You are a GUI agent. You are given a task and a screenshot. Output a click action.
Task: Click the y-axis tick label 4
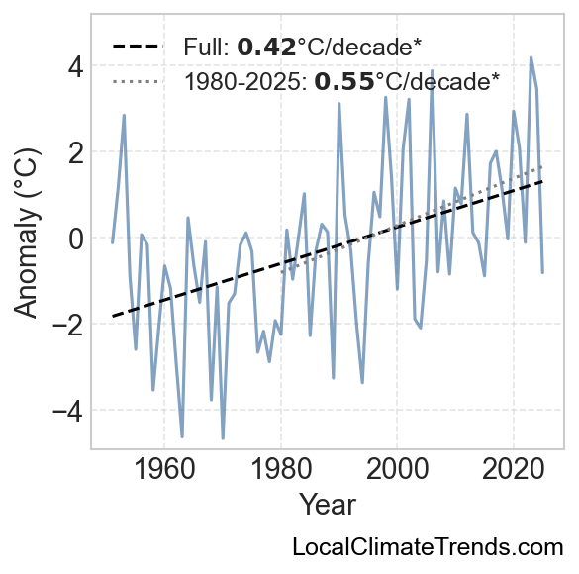point(75,67)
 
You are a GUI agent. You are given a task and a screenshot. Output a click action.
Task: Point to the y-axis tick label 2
point(75,153)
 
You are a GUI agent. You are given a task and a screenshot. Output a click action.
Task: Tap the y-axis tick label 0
point(75,239)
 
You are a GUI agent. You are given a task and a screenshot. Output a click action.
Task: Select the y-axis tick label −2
point(68,326)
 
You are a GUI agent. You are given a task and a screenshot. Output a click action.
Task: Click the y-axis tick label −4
point(68,412)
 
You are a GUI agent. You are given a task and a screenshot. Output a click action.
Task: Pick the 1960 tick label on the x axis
point(164,469)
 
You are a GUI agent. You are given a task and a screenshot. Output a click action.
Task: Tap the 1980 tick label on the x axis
point(281,469)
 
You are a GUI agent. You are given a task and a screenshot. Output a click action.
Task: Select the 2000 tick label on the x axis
point(397,469)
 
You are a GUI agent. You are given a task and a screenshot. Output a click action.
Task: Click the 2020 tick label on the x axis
point(514,469)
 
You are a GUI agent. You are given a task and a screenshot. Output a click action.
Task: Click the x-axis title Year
point(328,505)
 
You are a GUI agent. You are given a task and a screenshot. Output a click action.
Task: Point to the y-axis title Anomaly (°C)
point(26,233)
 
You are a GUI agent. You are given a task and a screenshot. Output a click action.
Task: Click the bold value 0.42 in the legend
point(266,48)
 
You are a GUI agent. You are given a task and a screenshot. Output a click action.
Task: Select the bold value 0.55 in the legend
point(344,81)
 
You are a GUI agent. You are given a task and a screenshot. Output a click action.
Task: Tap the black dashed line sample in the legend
point(138,47)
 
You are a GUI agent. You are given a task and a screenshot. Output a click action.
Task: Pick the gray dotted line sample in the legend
point(136,81)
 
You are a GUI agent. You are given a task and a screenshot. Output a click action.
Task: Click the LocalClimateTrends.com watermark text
point(428,546)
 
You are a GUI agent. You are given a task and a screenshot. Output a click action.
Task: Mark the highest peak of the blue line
point(531,57)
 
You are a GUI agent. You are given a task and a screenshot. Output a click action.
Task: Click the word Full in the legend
point(207,48)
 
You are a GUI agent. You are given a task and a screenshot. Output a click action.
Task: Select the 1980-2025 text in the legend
point(245,81)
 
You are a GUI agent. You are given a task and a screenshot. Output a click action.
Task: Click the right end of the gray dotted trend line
point(542,167)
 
